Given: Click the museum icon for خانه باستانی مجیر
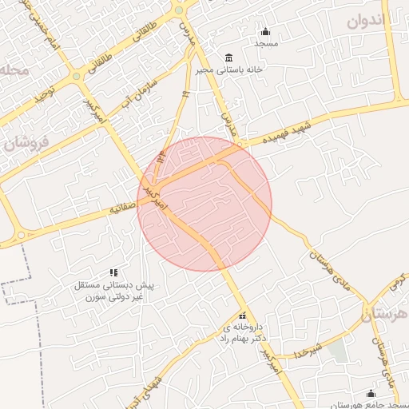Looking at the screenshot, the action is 229,58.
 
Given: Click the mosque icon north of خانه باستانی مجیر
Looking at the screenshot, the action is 266,32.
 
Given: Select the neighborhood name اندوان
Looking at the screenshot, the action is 367,21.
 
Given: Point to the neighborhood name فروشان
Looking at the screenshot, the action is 26,143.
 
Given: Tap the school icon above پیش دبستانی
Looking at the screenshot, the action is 113,272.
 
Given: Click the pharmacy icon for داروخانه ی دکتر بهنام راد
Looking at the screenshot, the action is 243,316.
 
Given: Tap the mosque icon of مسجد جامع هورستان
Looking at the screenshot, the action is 371,393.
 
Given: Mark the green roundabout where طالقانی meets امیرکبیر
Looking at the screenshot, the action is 77,77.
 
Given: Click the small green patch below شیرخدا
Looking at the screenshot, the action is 337,350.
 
